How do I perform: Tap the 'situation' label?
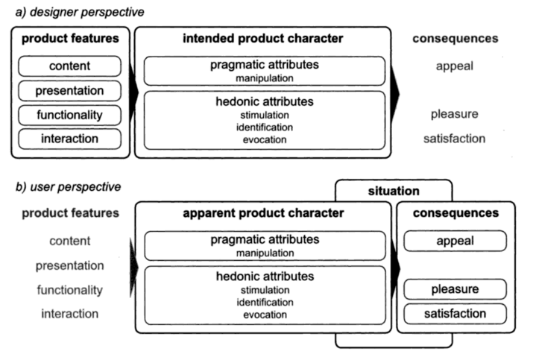394,192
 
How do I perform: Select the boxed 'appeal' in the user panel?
453,241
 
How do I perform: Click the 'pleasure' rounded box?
453,288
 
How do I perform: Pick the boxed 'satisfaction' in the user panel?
453,314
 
